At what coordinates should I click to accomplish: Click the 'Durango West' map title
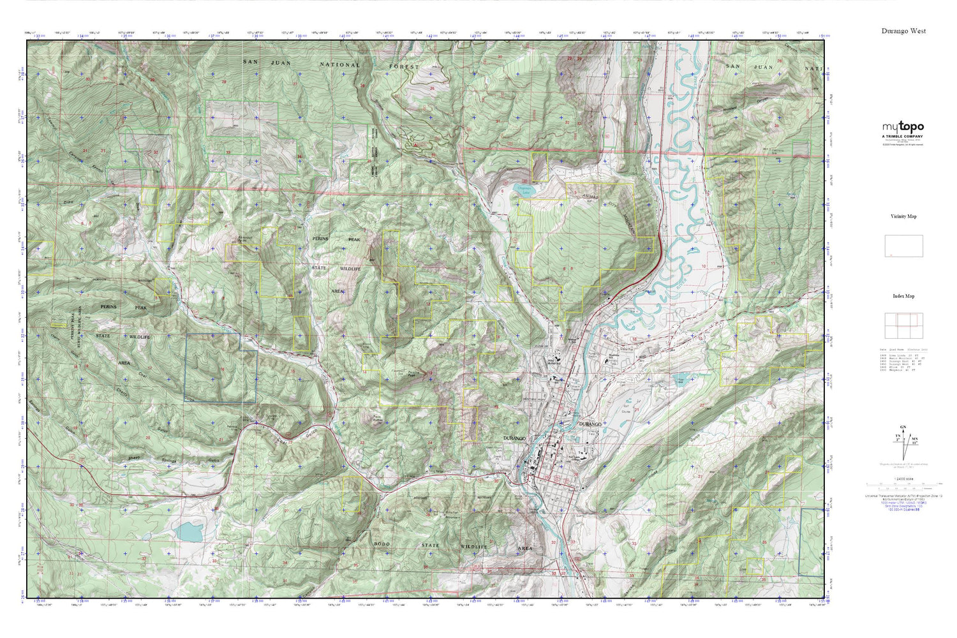903,31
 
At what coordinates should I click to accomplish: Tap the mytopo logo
903,127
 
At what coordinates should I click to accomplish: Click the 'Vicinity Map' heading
903,216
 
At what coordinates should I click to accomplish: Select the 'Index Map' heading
903,296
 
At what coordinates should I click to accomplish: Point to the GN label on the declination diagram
902,427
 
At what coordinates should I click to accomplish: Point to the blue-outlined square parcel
221,368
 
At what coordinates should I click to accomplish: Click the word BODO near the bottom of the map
382,544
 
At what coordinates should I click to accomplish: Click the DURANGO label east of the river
590,424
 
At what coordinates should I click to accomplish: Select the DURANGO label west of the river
514,439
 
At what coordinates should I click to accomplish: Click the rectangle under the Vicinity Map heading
903,246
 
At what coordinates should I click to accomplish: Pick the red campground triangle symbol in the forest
417,145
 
